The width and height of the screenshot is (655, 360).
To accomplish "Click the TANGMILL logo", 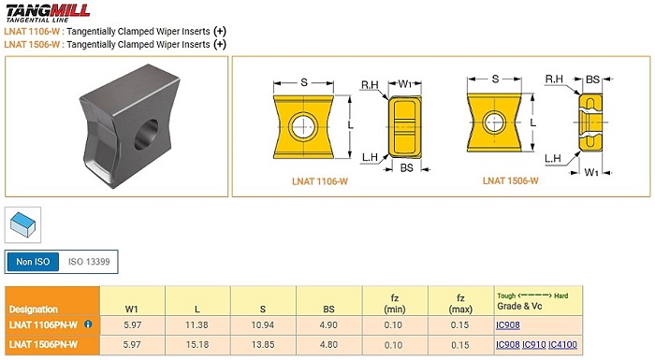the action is point(48,12).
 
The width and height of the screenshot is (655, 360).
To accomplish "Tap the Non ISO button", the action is point(33,262).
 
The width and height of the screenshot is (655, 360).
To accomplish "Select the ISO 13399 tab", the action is point(89,262).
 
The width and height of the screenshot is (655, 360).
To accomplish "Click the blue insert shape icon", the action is point(23,224).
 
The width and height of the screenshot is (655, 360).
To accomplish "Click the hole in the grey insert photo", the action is point(146,135).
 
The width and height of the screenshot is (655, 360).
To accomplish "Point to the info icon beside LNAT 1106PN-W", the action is point(88,324).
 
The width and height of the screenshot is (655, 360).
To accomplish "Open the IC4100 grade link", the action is point(562,344).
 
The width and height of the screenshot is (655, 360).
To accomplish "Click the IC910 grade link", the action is point(534,344).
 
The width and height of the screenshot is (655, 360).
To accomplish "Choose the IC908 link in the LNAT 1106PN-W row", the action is point(508,324).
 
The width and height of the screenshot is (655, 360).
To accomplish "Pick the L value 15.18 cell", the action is point(196,345).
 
